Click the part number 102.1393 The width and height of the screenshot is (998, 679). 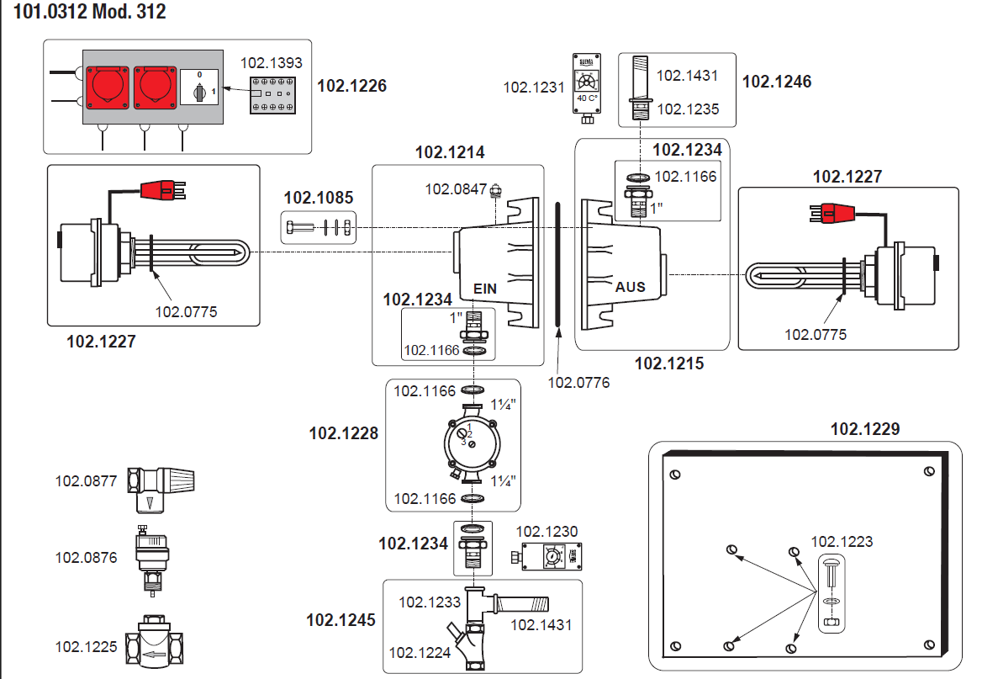tap(271, 63)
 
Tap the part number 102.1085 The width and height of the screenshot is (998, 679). tap(318, 199)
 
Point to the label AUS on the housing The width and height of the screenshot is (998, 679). tap(630, 287)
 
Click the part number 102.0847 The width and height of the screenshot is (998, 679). tap(456, 189)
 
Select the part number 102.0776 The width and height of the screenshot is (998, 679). tap(578, 383)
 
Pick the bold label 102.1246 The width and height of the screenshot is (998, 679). tap(777, 82)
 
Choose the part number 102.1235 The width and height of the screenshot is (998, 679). tap(687, 109)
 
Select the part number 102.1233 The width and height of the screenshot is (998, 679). tap(429, 602)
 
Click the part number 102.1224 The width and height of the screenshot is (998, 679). tap(419, 652)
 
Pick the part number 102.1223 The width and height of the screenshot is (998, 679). tap(842, 542)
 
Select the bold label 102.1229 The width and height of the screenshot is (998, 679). tap(864, 429)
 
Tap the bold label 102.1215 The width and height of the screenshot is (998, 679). tap(668, 364)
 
